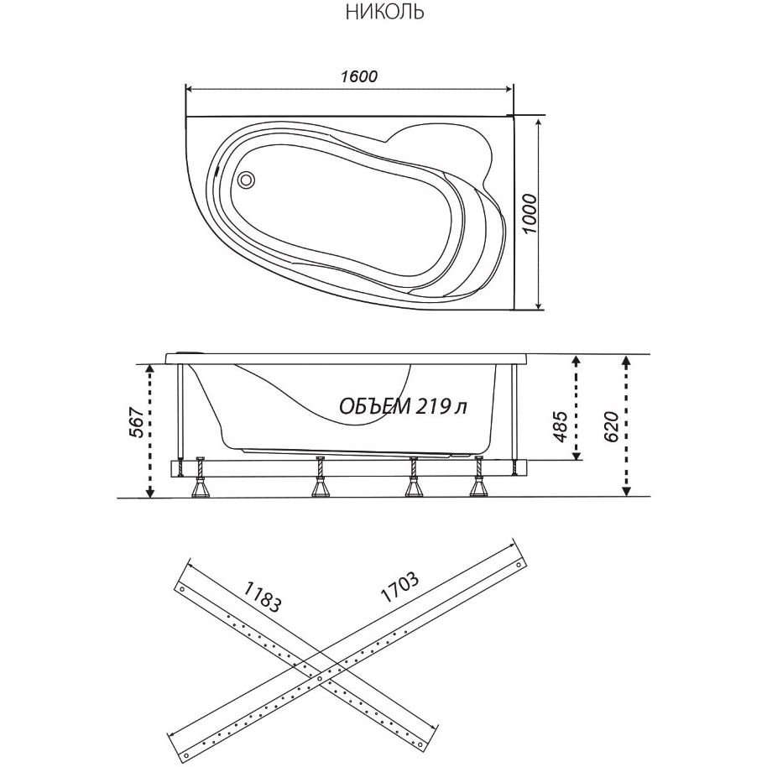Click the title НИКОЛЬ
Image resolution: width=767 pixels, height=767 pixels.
click(384, 13)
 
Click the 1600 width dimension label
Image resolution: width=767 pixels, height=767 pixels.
click(359, 76)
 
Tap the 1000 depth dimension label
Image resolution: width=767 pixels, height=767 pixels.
click(529, 214)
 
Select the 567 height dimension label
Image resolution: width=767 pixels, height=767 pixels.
click(137, 422)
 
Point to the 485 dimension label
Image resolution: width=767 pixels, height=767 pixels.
click(560, 426)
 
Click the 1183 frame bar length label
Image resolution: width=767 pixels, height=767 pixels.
click(263, 597)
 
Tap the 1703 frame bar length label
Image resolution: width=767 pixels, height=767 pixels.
click(399, 587)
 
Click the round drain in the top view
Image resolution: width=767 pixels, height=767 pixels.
click(246, 179)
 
